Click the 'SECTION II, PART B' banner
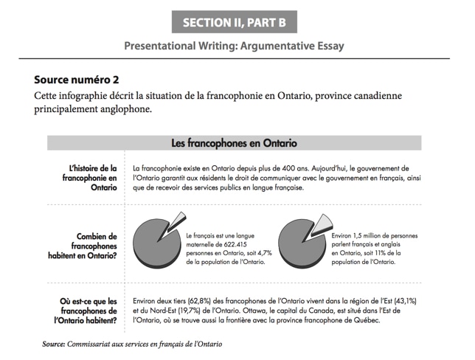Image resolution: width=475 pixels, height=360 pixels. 234,22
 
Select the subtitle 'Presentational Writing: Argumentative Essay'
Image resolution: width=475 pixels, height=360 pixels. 234,46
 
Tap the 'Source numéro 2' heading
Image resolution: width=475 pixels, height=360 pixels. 76,79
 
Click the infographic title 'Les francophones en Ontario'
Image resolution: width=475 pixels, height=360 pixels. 234,142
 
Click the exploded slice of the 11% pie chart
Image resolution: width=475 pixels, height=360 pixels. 322,223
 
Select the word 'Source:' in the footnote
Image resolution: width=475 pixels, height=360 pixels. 53,344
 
